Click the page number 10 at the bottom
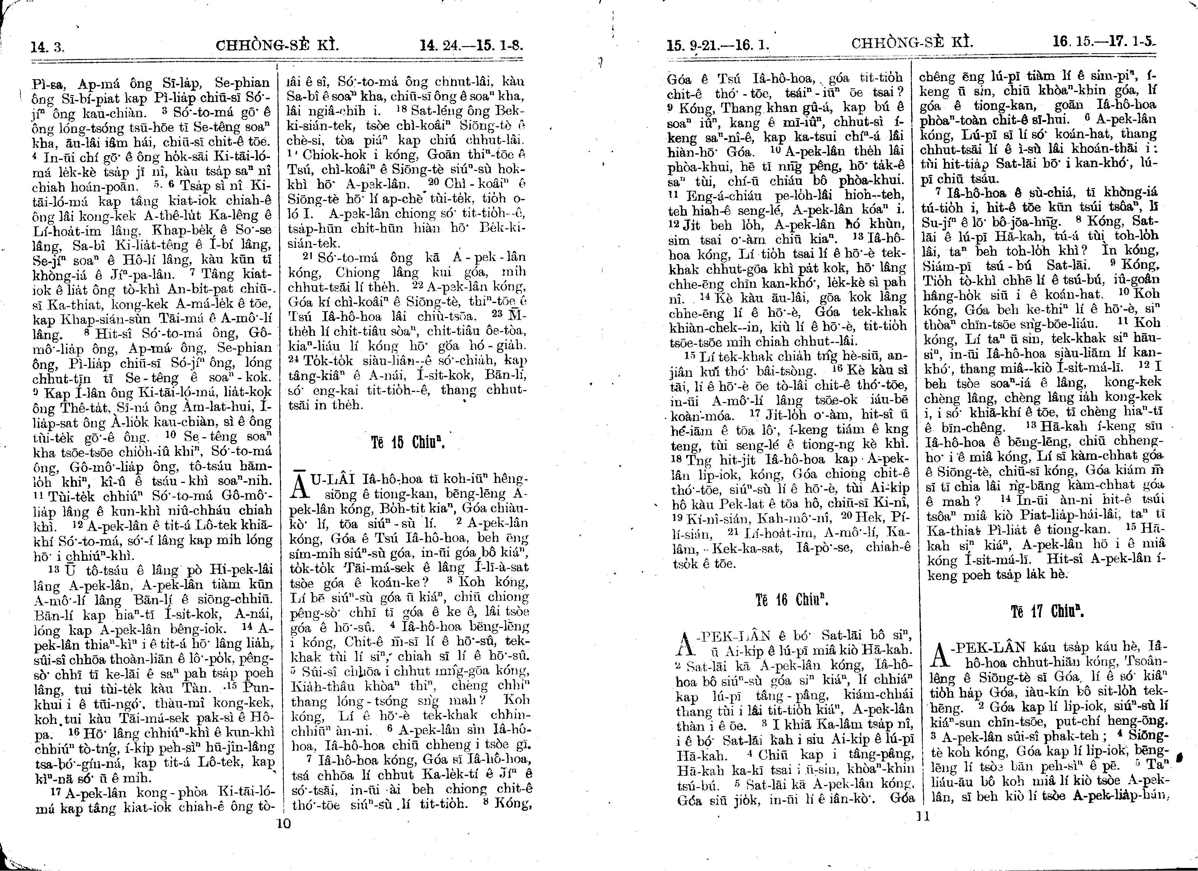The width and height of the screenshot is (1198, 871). tap(284, 824)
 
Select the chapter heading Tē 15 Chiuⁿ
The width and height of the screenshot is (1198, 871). tap(408, 442)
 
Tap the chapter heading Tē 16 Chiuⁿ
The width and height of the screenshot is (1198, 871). tap(791, 600)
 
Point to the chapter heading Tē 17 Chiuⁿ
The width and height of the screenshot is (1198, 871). tap(1047, 612)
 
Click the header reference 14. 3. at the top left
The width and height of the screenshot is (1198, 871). tap(47, 47)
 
